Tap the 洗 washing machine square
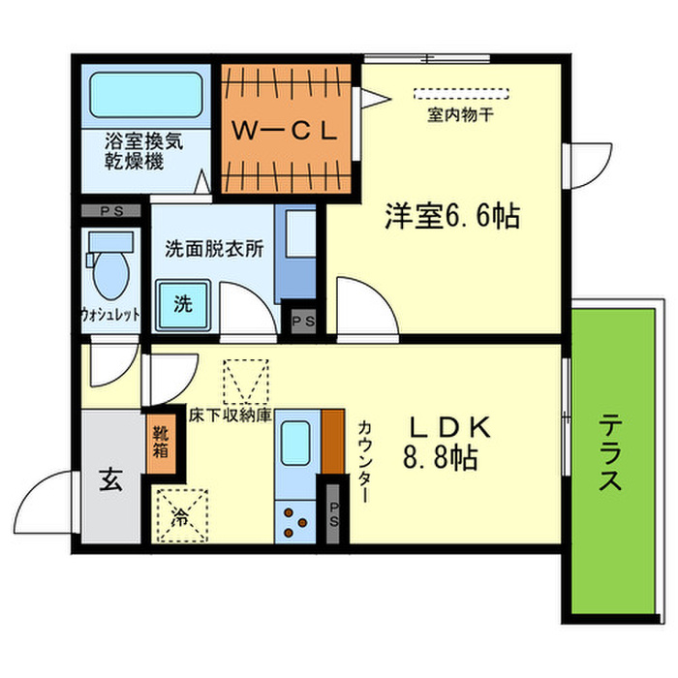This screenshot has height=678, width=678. (184, 303)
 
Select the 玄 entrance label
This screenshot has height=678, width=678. (109, 478)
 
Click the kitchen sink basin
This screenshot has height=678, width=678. (296, 447)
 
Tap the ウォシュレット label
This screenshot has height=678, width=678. (110, 315)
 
